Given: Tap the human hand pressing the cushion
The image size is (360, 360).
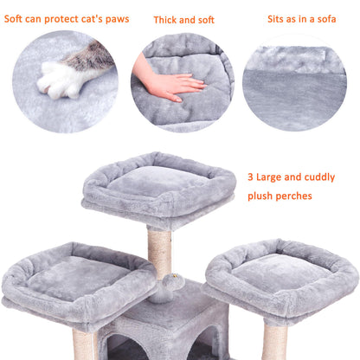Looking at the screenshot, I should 172,84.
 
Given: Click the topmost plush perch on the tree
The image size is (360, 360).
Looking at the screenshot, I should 157,186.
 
